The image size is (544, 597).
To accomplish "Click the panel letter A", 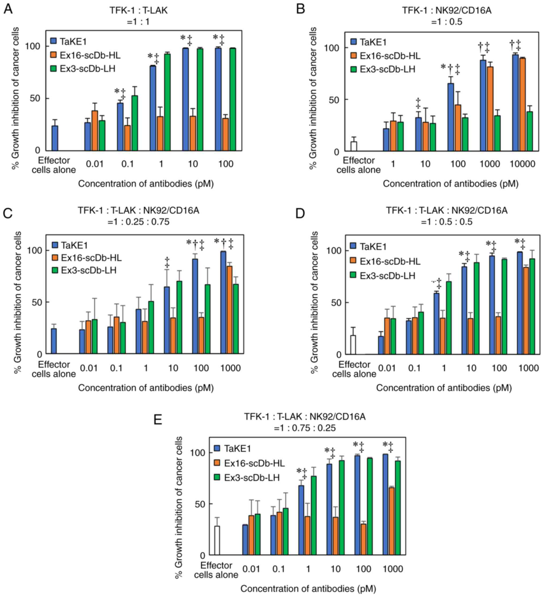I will [x=8, y=9].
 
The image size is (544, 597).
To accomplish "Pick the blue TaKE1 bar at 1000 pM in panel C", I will [x=223, y=302].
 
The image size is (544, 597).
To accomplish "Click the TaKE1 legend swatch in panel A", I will [x=54, y=41].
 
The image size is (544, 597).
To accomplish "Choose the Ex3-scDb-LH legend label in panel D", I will [x=387, y=276].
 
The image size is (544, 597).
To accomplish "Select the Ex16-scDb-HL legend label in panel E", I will [x=254, y=463].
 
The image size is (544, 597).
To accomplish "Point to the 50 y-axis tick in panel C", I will [x=36, y=302].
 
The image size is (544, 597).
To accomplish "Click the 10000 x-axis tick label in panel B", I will [x=522, y=164].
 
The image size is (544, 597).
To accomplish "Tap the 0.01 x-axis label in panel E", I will [x=251, y=569].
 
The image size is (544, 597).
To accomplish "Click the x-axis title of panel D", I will [x=444, y=388].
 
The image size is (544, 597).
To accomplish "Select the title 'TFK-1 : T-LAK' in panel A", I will [x=138, y=10].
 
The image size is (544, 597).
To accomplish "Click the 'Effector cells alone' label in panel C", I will [x=54, y=369].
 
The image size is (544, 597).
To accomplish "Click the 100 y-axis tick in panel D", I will [x=334, y=251].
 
